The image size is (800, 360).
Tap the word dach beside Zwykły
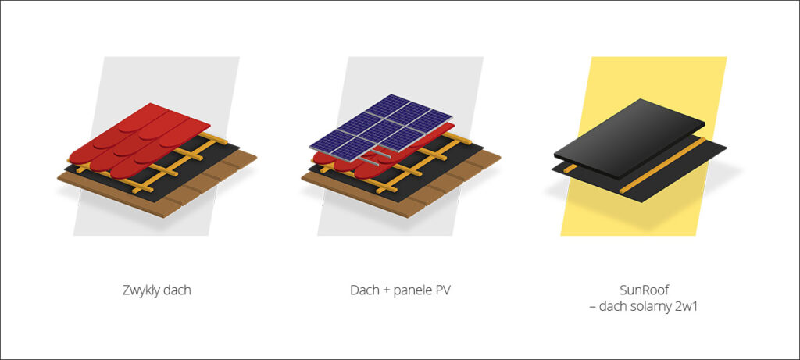(x=177, y=290)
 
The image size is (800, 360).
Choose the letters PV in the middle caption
(x=445, y=290)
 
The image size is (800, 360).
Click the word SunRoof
(x=644, y=290)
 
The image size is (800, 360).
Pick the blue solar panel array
(x=380, y=127)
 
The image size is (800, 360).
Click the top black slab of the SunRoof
(x=629, y=137)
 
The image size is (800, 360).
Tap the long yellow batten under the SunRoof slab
(x=662, y=166)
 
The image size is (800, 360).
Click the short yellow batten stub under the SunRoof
(x=570, y=168)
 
